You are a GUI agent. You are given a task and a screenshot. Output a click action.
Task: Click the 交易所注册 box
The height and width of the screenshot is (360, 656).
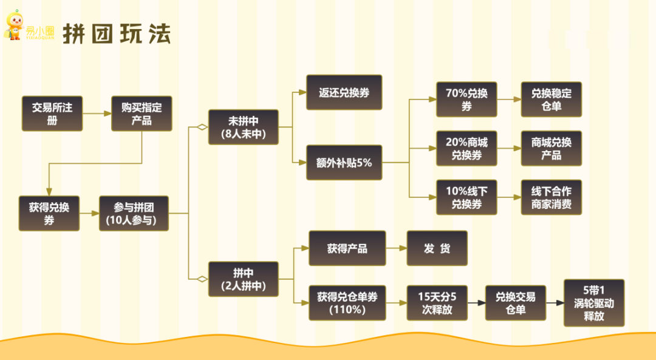pos(52,114)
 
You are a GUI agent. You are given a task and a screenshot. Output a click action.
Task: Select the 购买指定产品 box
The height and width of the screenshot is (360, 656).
pos(142,114)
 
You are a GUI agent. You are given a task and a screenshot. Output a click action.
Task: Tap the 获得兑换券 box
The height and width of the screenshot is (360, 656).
pos(49,213)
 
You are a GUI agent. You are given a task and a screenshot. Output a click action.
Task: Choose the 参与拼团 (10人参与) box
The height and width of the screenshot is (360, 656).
pos(134,213)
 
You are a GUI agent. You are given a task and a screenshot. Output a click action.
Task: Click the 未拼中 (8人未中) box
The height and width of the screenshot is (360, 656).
pos(244,127)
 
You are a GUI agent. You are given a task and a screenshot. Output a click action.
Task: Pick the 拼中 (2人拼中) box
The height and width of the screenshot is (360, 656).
pos(244,279)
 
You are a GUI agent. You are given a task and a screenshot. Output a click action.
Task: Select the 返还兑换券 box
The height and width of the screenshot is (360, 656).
pos(344,93)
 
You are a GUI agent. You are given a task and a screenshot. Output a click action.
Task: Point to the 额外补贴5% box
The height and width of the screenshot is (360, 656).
pos(344,163)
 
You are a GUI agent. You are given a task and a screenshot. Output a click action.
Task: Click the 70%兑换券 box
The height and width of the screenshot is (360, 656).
pos(466,100)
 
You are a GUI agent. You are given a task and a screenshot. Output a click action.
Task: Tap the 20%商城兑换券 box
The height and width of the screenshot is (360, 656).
pos(466,149)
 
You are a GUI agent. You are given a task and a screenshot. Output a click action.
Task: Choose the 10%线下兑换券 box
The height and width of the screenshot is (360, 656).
pos(466,197)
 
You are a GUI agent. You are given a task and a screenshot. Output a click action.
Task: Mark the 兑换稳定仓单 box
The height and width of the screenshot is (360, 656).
pos(552,100)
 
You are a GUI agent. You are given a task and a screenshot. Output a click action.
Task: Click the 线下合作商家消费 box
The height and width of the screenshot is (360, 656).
pos(552,197)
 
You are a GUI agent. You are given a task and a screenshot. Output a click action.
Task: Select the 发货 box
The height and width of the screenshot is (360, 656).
pos(437,248)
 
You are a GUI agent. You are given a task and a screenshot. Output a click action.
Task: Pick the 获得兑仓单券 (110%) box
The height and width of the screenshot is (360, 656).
pos(347,303)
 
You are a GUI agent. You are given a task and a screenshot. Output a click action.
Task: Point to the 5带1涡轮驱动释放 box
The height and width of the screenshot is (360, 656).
pos(594,303)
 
